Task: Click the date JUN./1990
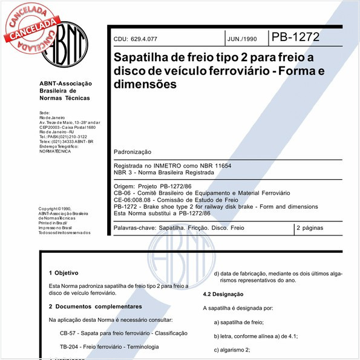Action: click(x=241, y=39)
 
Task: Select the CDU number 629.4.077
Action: click(x=143, y=39)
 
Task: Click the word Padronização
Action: click(x=133, y=151)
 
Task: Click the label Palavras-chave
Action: click(x=133, y=228)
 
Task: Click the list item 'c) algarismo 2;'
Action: click(x=232, y=350)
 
